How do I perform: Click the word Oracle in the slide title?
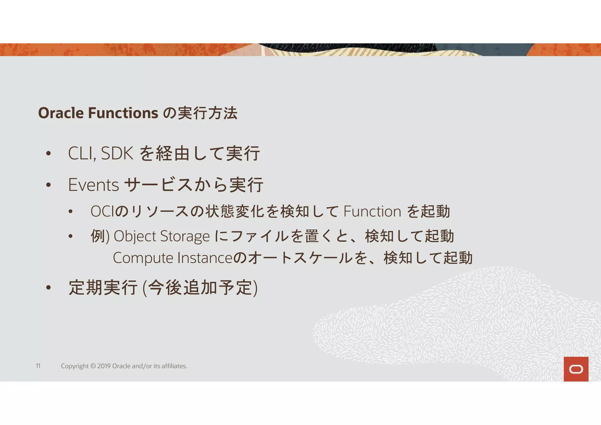(61, 113)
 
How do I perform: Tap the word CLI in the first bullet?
(81, 153)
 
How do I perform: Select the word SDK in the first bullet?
(117, 153)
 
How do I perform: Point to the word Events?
(93, 185)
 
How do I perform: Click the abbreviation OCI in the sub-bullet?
(102, 211)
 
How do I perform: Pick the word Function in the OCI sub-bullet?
(372, 211)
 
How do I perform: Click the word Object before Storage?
(135, 236)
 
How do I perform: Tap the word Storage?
(185, 236)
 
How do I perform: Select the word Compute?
(143, 258)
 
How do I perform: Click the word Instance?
(205, 258)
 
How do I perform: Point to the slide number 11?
(38, 366)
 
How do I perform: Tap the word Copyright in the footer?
(75, 366)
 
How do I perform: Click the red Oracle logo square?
(576, 369)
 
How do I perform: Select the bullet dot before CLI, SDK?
(48, 154)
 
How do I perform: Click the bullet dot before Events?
(48, 185)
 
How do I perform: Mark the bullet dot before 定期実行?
(48, 288)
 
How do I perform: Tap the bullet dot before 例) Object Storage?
(70, 236)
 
